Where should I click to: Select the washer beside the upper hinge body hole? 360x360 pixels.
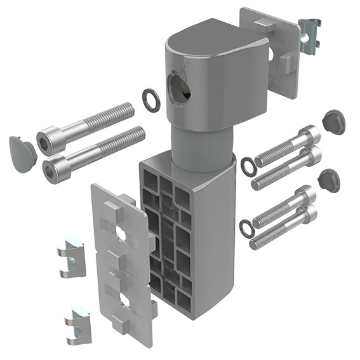[151, 100]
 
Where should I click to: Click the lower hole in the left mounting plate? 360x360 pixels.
[124, 300]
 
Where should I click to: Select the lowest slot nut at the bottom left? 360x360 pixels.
[78, 324]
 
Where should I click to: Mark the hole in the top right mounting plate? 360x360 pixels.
[271, 56]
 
